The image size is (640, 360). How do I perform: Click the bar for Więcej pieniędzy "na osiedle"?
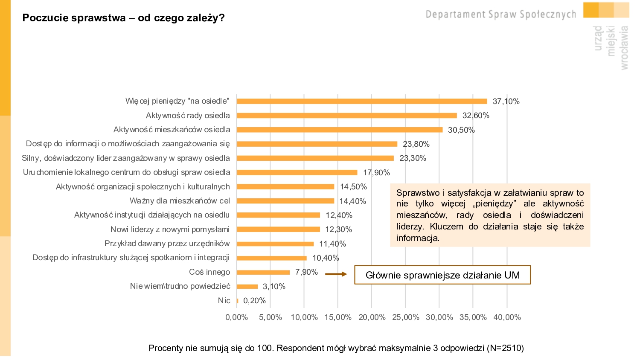(x=362, y=102)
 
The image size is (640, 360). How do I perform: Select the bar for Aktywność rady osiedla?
(x=346, y=116)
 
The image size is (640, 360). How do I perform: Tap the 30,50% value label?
(x=461, y=130)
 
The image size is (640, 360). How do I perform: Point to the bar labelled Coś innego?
(x=263, y=272)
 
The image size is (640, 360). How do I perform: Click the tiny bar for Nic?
(x=238, y=301)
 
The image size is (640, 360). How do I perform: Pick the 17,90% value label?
(x=376, y=173)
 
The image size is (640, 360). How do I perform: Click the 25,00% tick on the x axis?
(x=405, y=317)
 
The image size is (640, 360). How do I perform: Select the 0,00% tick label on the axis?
(x=237, y=317)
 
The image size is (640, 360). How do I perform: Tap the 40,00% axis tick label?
(x=507, y=317)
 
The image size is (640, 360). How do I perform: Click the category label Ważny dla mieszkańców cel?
(x=180, y=201)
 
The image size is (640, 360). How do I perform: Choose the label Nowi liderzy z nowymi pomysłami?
(x=170, y=229)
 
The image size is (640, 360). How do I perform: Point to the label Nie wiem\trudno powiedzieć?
(x=180, y=286)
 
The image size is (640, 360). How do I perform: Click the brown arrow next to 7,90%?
(x=336, y=274)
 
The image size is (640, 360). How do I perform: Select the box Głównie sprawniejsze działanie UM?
(x=442, y=275)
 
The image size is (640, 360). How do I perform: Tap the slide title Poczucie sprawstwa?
(x=123, y=18)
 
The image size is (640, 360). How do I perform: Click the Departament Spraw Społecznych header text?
(x=501, y=15)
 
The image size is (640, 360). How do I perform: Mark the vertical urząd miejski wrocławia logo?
(x=611, y=47)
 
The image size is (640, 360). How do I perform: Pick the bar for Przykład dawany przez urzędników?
(x=275, y=244)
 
